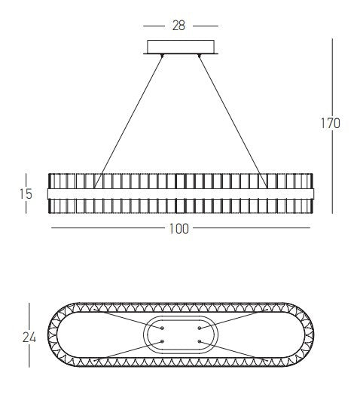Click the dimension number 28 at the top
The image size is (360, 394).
tap(179, 25)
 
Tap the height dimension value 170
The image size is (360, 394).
tap(330, 123)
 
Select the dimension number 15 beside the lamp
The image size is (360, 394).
tap(26, 194)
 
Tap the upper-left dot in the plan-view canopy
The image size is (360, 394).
tap(162, 328)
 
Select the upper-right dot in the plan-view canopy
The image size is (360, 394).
tap(199, 328)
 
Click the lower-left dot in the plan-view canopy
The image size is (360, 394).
tap(162, 342)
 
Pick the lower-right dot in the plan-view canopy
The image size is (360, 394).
tap(199, 342)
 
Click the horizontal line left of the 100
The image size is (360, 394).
tap(105, 227)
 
